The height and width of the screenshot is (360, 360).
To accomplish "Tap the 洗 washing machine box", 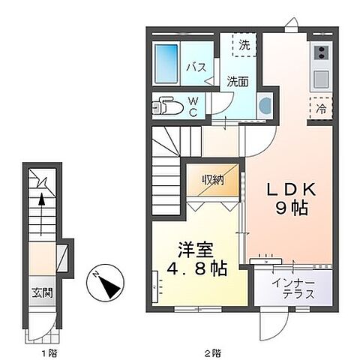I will pos(243,45).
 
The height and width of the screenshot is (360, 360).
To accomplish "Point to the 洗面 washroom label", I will pos(238,82).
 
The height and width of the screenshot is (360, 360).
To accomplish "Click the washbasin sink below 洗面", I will pos(265,105).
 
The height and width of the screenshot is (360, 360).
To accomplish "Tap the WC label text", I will pos(192,106).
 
